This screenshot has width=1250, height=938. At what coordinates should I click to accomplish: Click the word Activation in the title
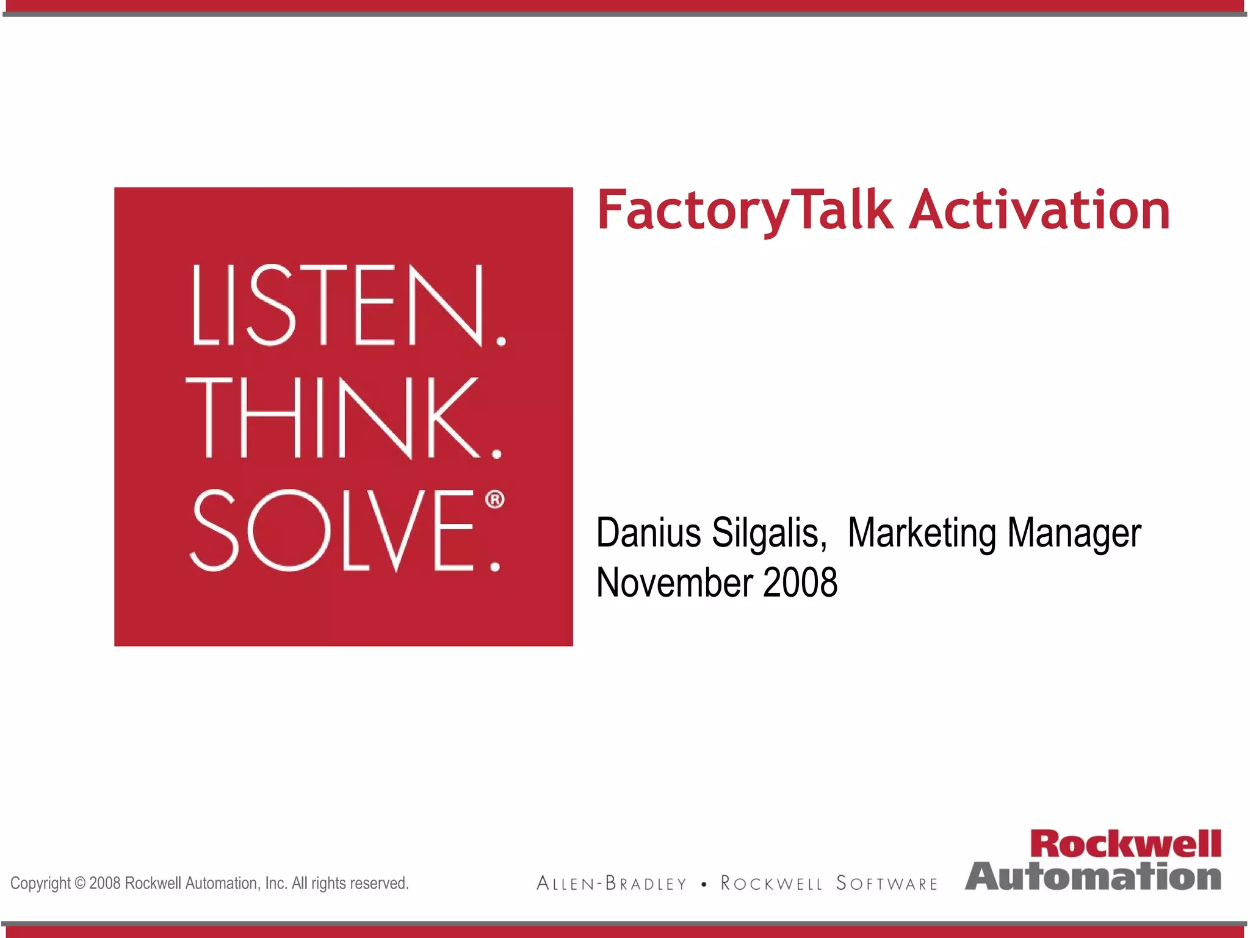tap(1039, 211)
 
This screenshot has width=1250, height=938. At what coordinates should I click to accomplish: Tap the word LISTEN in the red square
tap(337, 305)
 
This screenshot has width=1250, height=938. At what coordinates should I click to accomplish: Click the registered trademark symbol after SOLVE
tap(495, 500)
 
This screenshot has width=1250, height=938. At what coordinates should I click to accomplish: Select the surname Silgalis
tap(769, 533)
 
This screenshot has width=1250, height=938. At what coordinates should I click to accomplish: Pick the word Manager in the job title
tap(1074, 533)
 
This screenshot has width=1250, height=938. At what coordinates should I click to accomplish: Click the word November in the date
tap(674, 583)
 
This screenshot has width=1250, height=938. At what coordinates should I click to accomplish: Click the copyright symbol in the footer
tap(80, 884)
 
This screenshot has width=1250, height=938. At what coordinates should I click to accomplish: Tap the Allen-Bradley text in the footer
tap(612, 884)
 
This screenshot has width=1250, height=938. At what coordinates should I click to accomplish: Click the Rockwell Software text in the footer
tap(829, 884)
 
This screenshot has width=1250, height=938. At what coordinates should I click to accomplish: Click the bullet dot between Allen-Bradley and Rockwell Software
tap(704, 884)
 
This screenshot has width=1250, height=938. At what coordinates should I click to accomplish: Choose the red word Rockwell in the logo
tap(1125, 844)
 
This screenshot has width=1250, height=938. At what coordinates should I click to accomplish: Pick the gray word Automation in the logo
tap(1093, 876)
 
